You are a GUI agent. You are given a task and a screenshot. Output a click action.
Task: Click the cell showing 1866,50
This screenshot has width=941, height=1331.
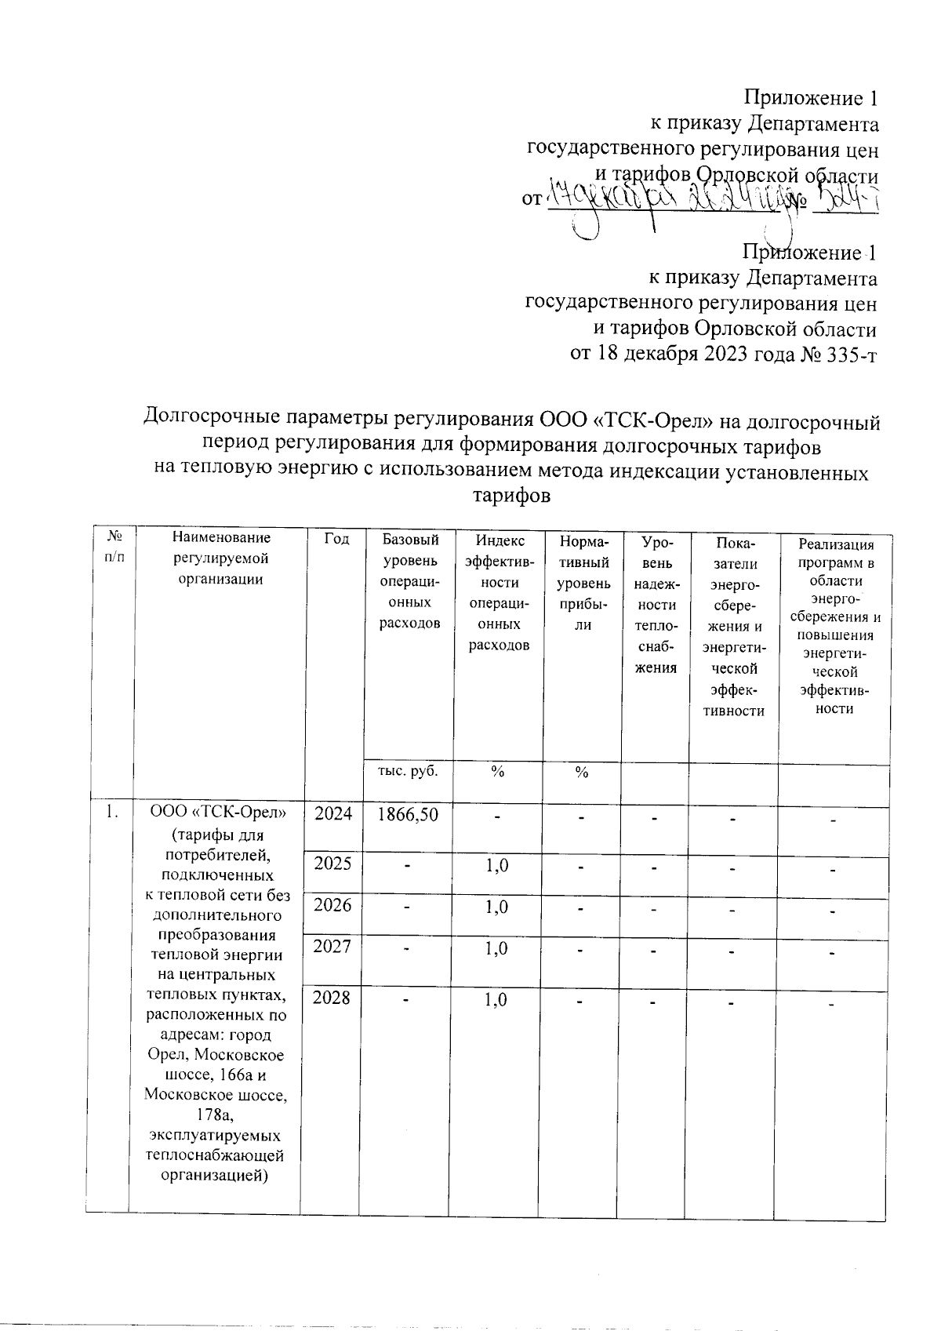click(x=407, y=814)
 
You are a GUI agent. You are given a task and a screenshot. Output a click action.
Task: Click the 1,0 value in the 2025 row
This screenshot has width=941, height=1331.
click(x=496, y=865)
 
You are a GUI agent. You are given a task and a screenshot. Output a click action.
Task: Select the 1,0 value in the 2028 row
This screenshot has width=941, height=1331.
click(x=496, y=1000)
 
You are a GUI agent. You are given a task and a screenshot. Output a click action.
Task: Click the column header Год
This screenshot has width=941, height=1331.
click(x=335, y=539)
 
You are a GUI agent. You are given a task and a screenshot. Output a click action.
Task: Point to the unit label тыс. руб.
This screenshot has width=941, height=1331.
click(x=408, y=770)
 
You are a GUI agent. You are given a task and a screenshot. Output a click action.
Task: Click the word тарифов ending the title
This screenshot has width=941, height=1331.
click(x=511, y=496)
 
